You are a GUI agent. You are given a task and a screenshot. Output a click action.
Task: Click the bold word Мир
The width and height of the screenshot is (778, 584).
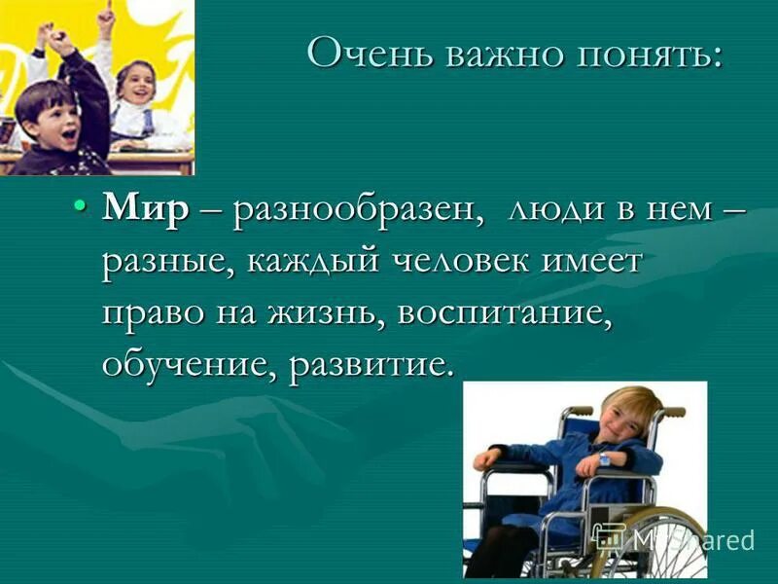click(145, 211)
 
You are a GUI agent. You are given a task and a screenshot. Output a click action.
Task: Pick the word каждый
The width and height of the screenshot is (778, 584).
click(317, 263)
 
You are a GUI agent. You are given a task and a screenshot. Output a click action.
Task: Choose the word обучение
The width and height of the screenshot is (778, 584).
click(185, 365)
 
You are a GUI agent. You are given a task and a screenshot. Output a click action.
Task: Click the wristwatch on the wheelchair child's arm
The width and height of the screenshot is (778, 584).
click(604, 457)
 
